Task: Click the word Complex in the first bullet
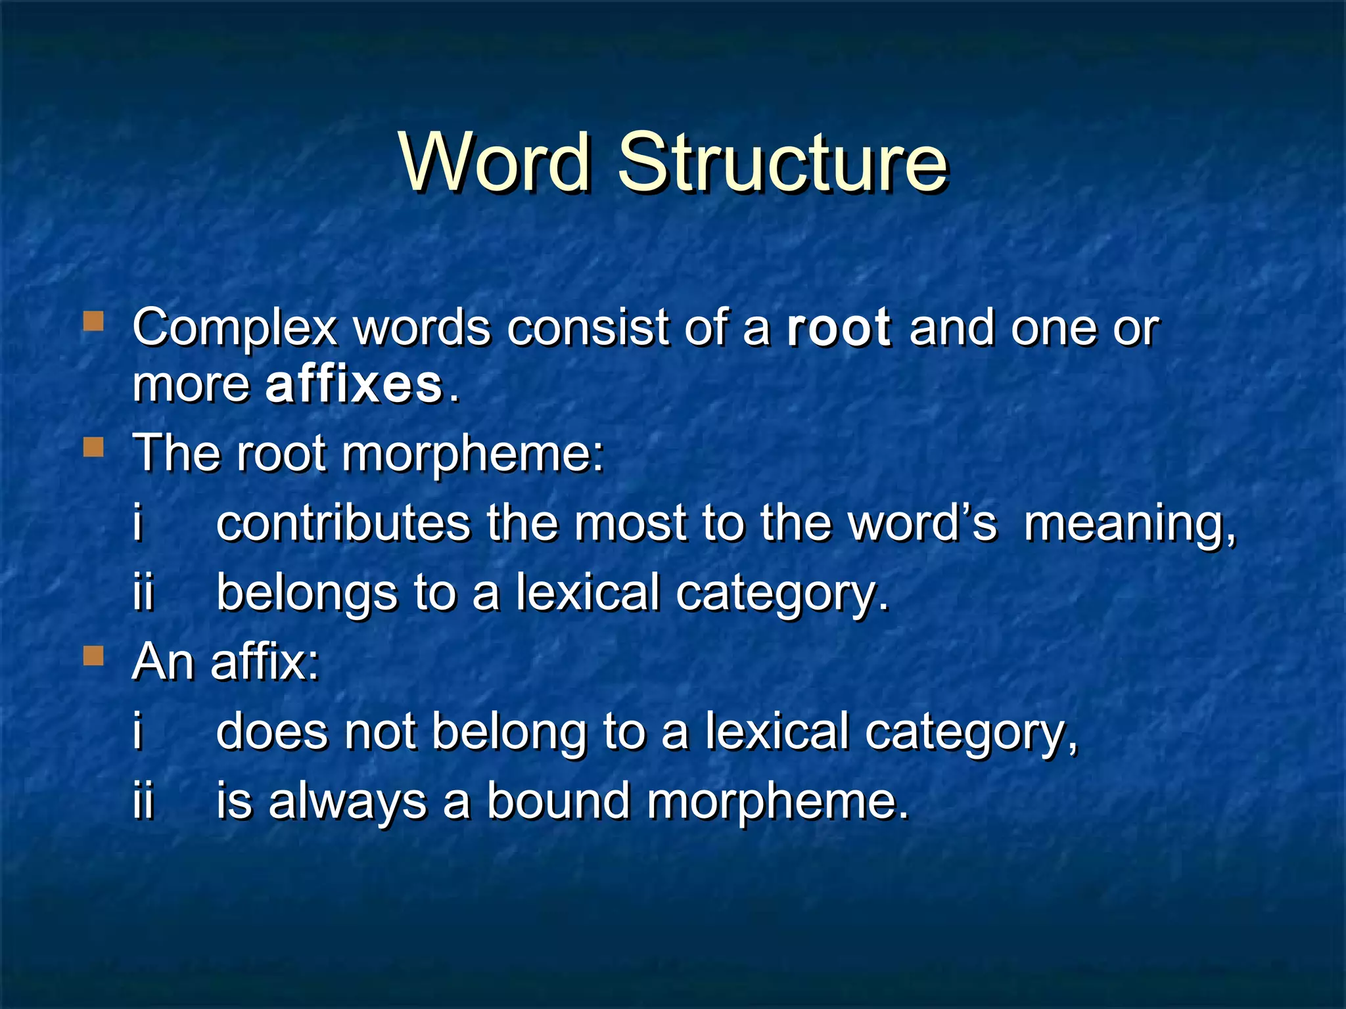coord(235,328)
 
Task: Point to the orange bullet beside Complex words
coord(94,322)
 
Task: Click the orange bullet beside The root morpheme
coord(94,448)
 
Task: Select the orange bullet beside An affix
coord(94,656)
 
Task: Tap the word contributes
coord(343,524)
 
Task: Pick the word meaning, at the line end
coord(1130,525)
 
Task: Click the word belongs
coord(307,593)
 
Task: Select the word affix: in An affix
coord(265,661)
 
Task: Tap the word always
coord(348,803)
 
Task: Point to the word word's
coord(922,524)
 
